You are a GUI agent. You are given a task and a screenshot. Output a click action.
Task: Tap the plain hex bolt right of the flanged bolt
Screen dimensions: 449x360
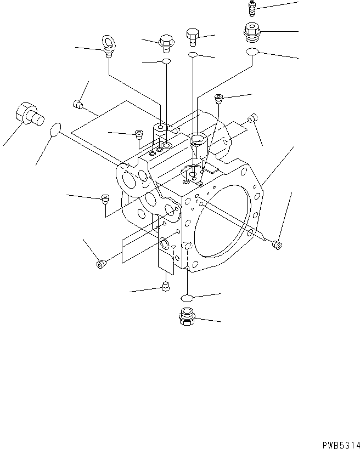point(193,37)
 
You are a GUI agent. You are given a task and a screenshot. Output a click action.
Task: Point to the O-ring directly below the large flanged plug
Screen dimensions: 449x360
point(251,52)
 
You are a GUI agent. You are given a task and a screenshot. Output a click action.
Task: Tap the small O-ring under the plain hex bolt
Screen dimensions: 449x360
point(193,55)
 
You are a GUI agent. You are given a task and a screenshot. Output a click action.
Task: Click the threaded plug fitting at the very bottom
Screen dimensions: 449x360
point(186,317)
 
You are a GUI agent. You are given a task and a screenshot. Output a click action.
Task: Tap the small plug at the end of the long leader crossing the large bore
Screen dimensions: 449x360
point(278,245)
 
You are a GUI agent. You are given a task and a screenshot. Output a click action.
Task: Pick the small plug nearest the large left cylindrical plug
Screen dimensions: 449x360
point(78,103)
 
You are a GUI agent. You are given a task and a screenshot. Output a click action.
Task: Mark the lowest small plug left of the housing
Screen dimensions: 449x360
point(101,265)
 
